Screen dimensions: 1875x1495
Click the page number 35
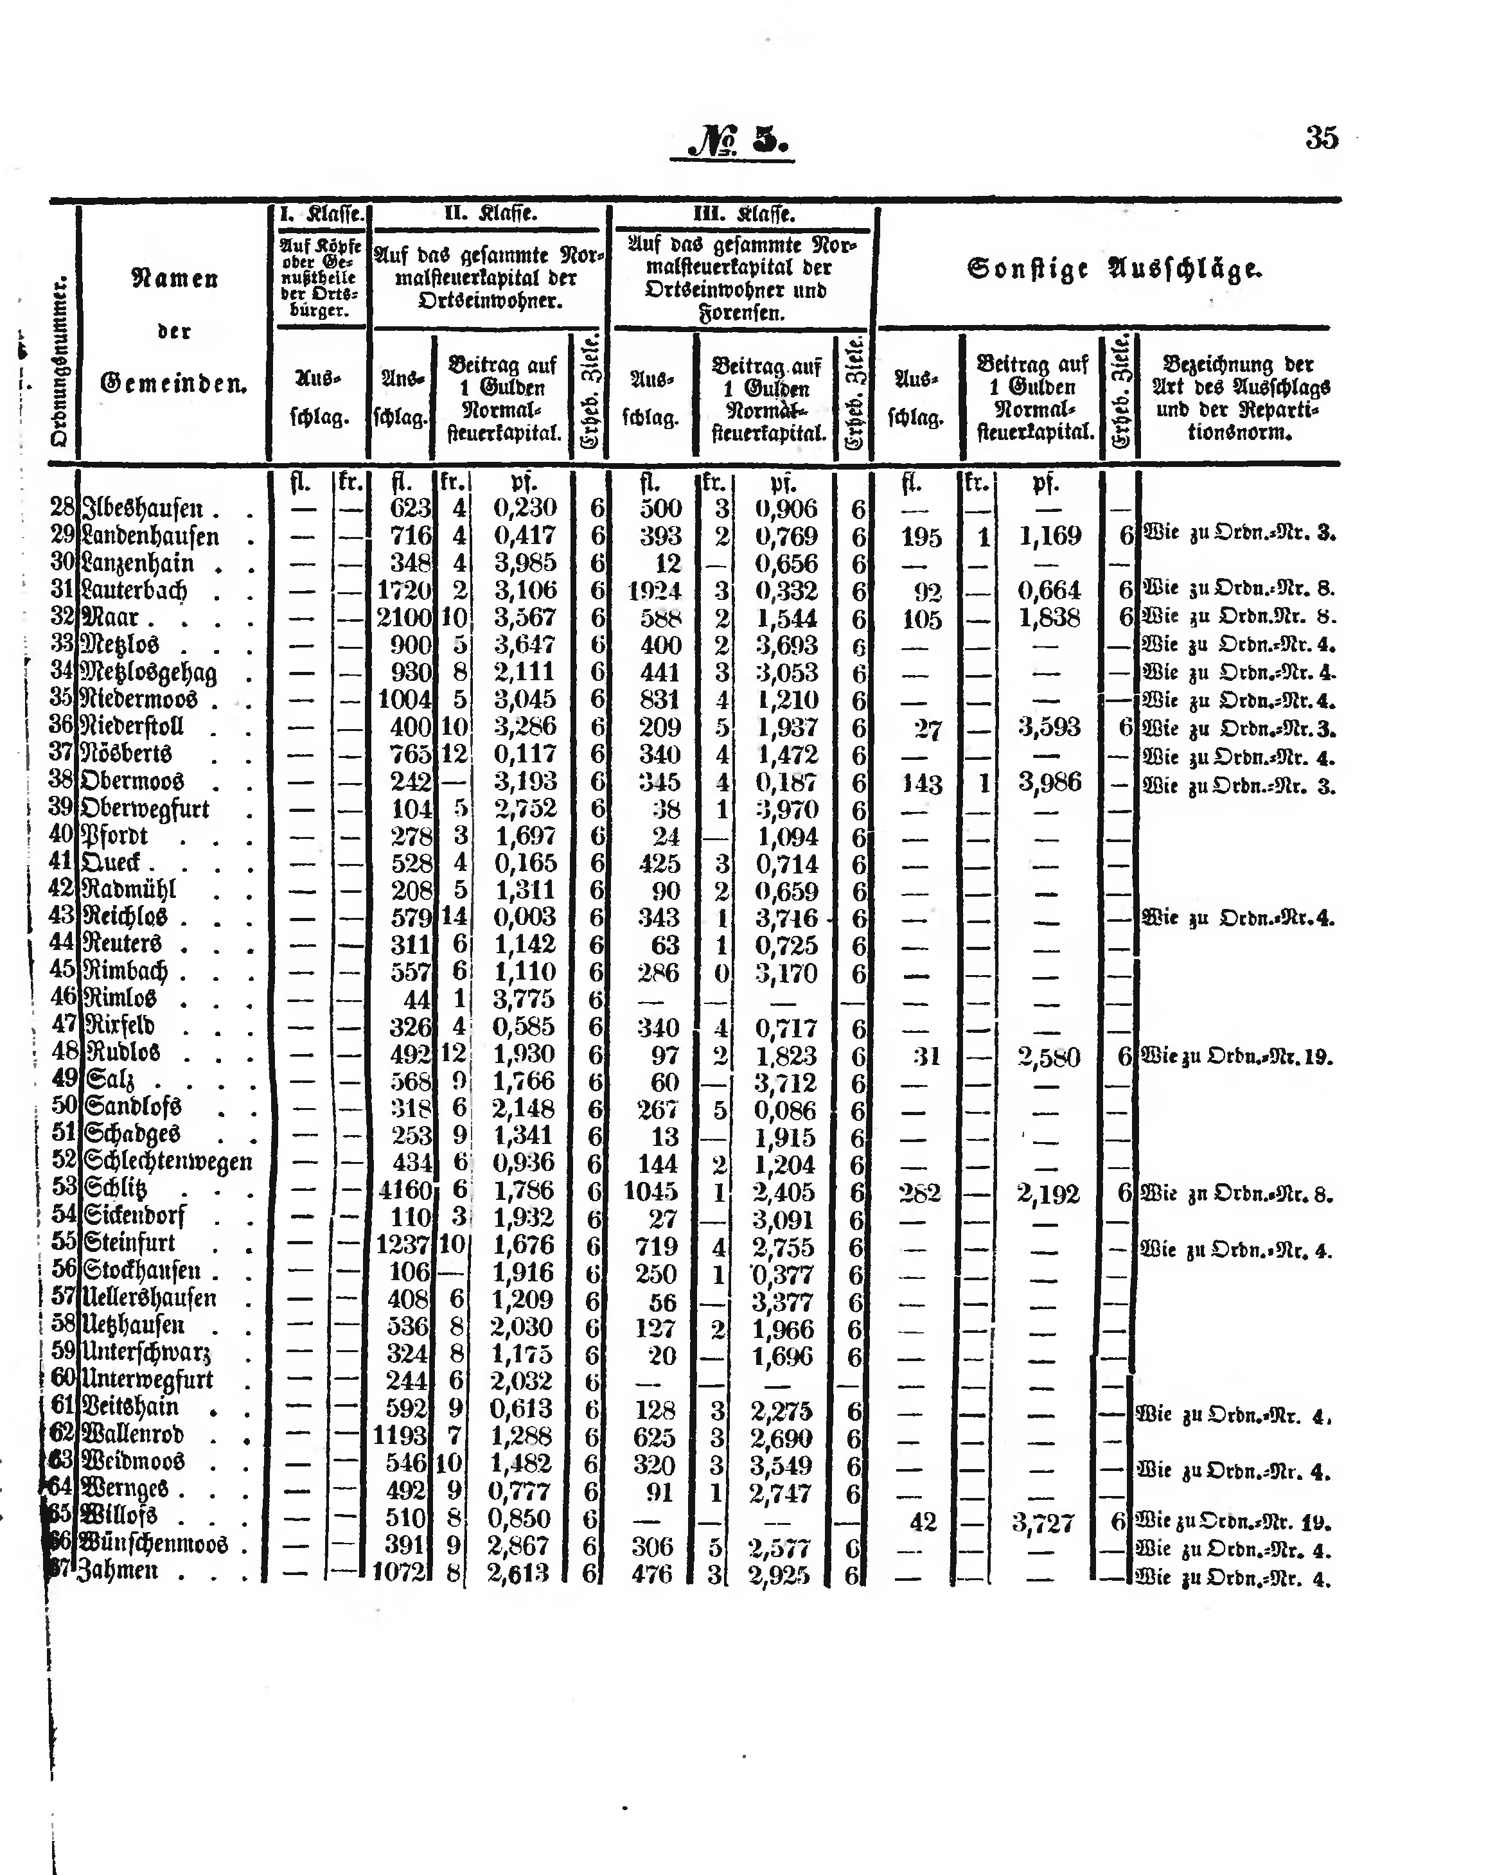click(1321, 138)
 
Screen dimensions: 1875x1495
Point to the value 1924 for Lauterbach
click(654, 592)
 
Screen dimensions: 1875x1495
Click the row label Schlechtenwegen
click(168, 1162)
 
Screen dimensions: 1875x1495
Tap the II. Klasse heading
click(490, 213)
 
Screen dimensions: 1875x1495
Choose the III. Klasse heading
click(743, 214)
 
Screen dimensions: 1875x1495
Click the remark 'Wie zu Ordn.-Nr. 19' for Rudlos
click(1236, 1057)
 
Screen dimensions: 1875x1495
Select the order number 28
click(62, 508)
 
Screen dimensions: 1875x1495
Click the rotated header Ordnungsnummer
click(60, 362)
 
